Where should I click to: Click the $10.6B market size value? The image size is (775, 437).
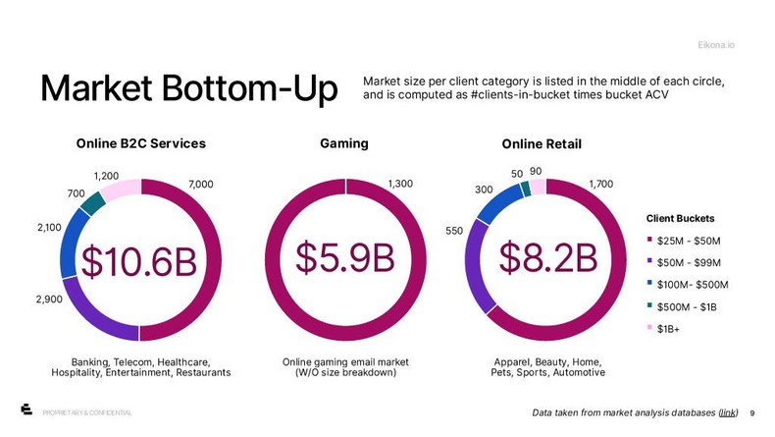138,261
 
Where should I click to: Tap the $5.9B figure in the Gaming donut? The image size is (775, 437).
345,257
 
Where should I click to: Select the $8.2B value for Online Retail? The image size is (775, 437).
547,258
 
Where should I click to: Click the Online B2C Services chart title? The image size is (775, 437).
141,143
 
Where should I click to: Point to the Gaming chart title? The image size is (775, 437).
344,143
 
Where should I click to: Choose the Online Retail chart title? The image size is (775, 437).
542,144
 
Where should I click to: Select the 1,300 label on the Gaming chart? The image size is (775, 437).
401,184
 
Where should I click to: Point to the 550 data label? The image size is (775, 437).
455,234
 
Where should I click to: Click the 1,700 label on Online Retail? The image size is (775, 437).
601,184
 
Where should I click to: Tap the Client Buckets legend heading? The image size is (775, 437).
680,217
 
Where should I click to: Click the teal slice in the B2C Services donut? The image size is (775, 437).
92,203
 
